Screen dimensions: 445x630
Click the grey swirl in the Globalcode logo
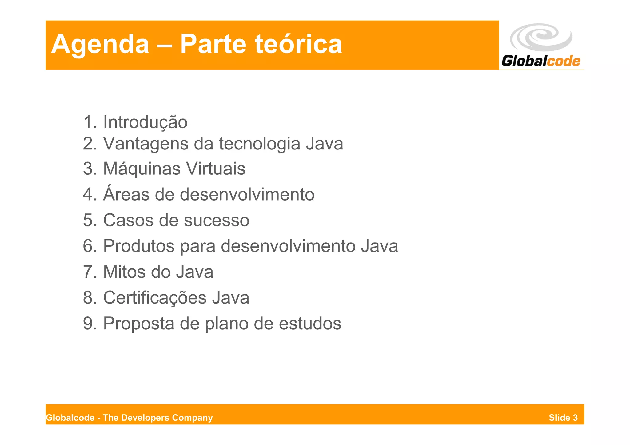541,37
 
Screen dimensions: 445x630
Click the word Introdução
145,122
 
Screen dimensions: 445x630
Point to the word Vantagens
146,144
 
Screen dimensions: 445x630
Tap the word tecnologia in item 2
259,144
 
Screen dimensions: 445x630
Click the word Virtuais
216,169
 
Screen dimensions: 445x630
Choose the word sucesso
217,220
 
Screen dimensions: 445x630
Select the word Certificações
155,298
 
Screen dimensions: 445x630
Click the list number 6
88,246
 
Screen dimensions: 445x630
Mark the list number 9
88,324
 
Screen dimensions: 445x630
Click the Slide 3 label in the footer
563,418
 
